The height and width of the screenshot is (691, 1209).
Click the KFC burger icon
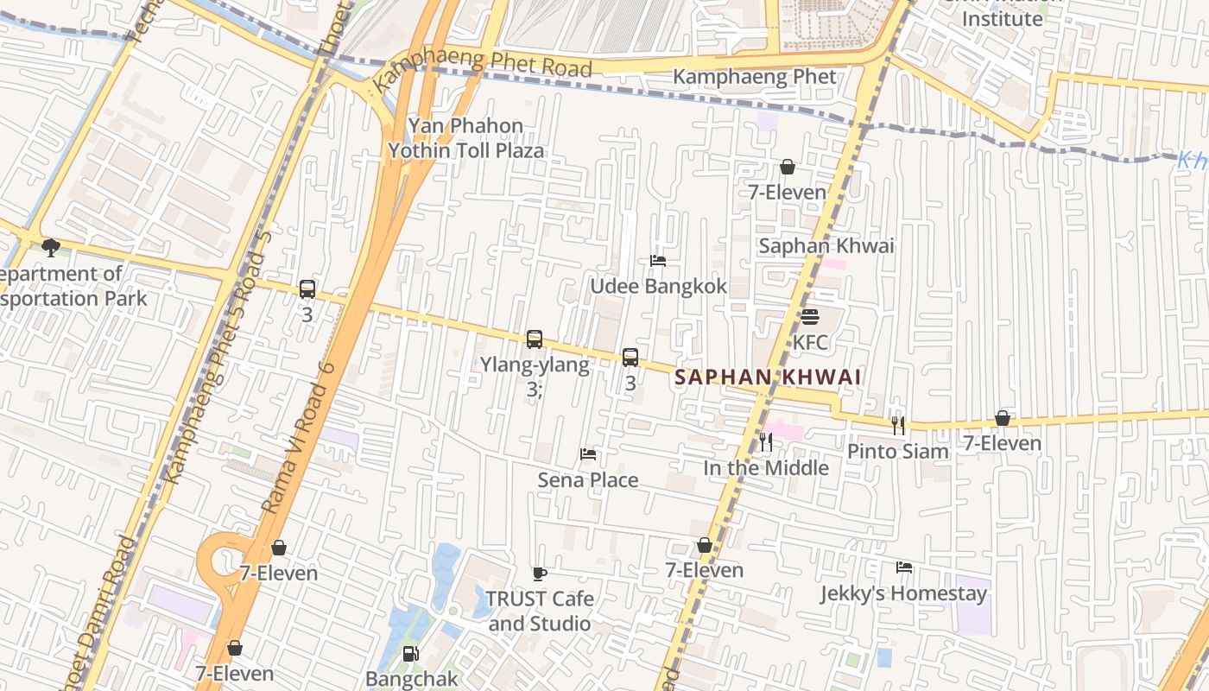(x=809, y=317)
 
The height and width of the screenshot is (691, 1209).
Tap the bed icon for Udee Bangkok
(x=658, y=261)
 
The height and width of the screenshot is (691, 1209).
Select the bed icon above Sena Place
(x=588, y=454)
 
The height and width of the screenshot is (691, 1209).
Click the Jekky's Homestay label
(x=903, y=594)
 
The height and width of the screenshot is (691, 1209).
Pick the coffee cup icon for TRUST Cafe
(x=540, y=574)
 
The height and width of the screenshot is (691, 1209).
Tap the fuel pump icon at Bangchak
(x=412, y=654)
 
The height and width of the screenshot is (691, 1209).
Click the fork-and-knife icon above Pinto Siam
(x=898, y=425)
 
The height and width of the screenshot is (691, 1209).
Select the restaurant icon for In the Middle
(x=766, y=443)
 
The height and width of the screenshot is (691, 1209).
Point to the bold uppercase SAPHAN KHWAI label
(x=768, y=377)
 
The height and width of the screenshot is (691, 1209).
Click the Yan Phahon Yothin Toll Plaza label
(x=466, y=138)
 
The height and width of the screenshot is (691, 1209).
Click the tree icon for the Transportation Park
(x=51, y=249)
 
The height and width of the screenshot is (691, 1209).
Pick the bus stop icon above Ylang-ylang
(x=535, y=339)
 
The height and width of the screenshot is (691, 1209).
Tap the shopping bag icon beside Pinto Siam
(x=1002, y=418)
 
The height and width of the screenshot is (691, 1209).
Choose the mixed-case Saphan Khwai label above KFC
(x=826, y=246)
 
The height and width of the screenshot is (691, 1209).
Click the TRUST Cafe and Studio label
(x=540, y=611)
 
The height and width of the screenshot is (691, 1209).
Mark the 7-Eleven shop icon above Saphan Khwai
(x=788, y=167)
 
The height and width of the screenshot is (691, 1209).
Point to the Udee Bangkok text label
(x=658, y=286)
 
